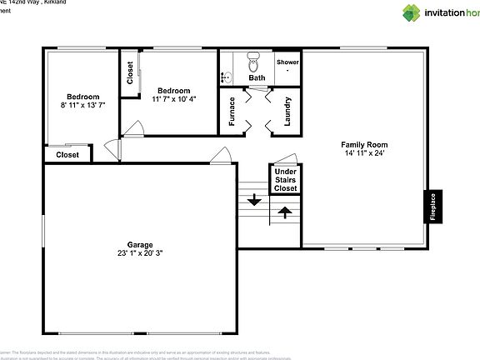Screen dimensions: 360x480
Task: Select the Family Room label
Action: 364,144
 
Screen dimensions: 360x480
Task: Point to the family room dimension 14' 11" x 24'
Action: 364,153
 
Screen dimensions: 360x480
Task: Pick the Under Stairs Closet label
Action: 286,180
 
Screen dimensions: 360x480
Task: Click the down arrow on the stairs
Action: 254,201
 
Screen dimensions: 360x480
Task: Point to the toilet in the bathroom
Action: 256,62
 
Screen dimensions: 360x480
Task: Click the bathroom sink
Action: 226,77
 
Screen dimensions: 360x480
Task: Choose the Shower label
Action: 287,62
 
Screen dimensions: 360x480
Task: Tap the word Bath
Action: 257,77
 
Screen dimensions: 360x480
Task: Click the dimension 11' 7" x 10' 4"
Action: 174,99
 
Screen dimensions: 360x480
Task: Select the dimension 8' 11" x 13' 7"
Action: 83,105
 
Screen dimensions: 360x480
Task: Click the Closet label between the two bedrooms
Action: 131,73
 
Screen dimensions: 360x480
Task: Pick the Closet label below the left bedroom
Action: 67,155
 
